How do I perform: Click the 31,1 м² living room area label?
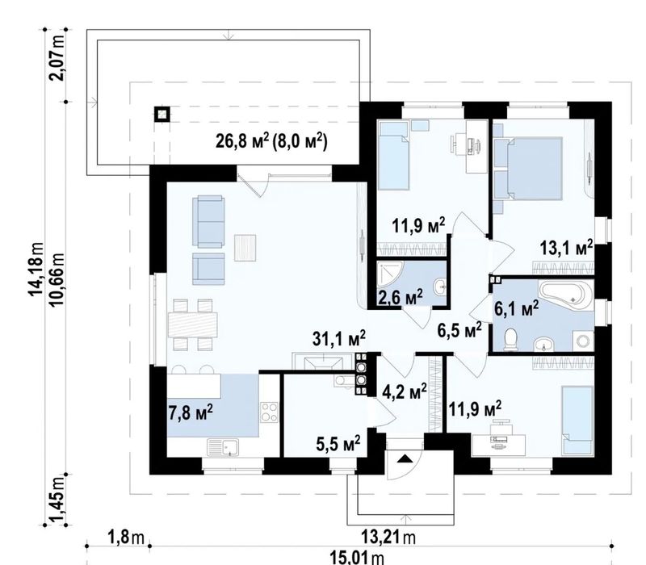coord(339,338)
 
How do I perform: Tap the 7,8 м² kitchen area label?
coord(191,412)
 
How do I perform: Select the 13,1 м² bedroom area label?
coord(567,249)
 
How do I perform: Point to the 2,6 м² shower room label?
coord(401,297)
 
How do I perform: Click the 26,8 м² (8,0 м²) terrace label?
coord(271,141)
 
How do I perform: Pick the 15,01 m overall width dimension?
coord(357,559)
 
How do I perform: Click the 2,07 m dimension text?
coord(57,58)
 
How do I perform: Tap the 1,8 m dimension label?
coord(126,538)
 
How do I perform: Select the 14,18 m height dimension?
coord(36,270)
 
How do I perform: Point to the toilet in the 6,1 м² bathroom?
coord(511,340)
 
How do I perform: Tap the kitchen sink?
coord(223,448)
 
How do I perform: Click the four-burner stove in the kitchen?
coord(270,412)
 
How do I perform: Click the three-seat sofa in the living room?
coord(209,221)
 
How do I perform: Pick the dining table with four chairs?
coord(193,325)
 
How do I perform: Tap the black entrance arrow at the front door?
coord(405,458)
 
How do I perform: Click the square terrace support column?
coord(162,115)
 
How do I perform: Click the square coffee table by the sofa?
coord(245,248)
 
